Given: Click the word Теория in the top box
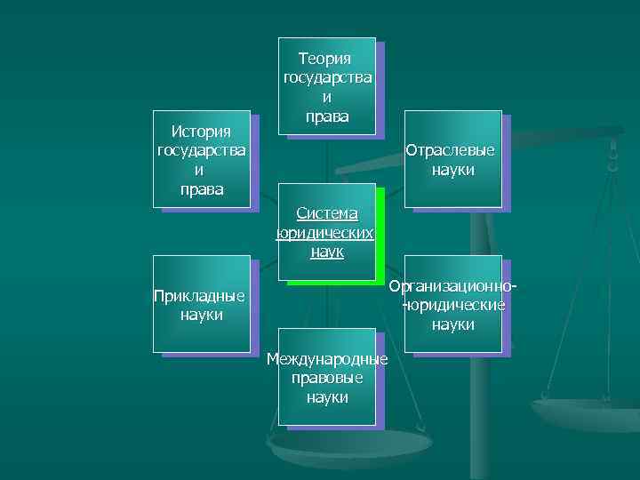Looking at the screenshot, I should point(325,59).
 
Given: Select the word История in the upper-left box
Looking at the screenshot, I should point(201,132).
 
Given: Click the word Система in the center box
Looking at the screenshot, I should point(327,213).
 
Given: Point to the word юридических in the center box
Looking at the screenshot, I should point(325,233).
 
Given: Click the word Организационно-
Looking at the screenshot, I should point(453,286).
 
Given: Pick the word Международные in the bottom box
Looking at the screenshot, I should point(327,358).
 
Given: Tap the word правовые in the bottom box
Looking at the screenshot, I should point(327,378).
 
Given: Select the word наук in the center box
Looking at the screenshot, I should point(327,252).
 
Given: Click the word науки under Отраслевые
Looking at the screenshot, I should point(453,170).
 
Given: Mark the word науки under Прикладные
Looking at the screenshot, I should point(201,315).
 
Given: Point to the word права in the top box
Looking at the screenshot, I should point(327,117).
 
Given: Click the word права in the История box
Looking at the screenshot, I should point(201,190).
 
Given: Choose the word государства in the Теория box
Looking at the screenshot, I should point(327,78).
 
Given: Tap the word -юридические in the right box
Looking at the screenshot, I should point(453,306).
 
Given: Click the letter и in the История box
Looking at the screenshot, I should point(201,171).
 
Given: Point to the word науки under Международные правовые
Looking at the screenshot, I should point(327,397).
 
